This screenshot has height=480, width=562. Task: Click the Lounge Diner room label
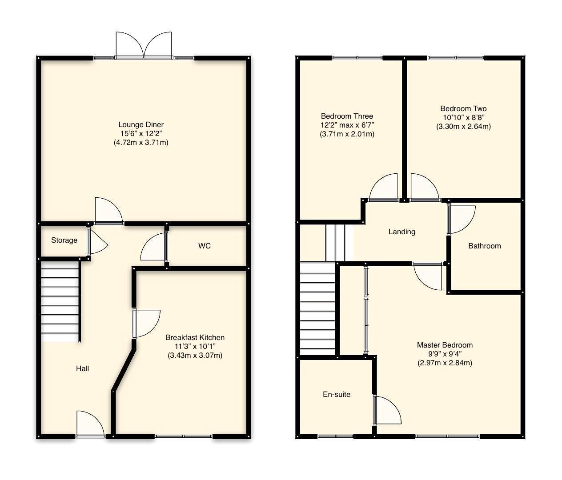click(x=141, y=125)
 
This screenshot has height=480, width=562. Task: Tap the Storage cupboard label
click(x=64, y=240)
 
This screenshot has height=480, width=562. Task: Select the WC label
click(x=205, y=246)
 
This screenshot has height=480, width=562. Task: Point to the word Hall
click(x=82, y=368)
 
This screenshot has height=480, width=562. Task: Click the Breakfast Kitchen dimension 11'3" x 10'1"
click(x=195, y=347)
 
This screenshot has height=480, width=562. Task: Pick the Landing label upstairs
click(x=402, y=232)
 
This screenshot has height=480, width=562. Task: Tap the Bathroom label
click(x=485, y=246)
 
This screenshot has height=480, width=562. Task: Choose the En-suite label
click(x=337, y=394)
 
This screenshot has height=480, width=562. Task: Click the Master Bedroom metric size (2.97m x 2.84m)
click(x=445, y=363)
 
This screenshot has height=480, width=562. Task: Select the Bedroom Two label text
click(x=464, y=109)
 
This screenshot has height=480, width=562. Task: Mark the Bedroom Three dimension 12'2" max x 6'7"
click(x=347, y=125)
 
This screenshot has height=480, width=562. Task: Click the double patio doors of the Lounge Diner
click(x=144, y=45)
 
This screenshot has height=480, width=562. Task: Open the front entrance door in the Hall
click(x=90, y=424)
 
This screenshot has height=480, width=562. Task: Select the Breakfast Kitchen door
click(x=146, y=324)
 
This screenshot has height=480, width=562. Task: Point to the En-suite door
click(x=387, y=410)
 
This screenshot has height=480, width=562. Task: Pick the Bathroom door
click(x=461, y=220)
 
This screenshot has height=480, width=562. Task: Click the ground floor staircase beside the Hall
click(x=60, y=301)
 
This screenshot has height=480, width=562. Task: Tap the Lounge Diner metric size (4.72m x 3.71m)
click(x=141, y=142)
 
